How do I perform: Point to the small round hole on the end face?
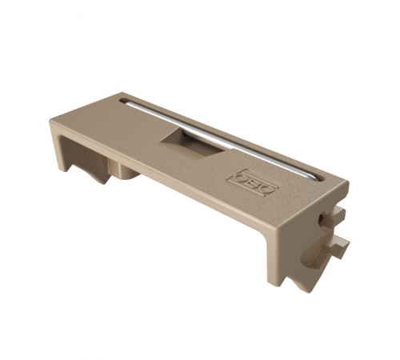click(321, 218)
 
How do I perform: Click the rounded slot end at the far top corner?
click(123, 101)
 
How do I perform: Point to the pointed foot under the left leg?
click(103, 181)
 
